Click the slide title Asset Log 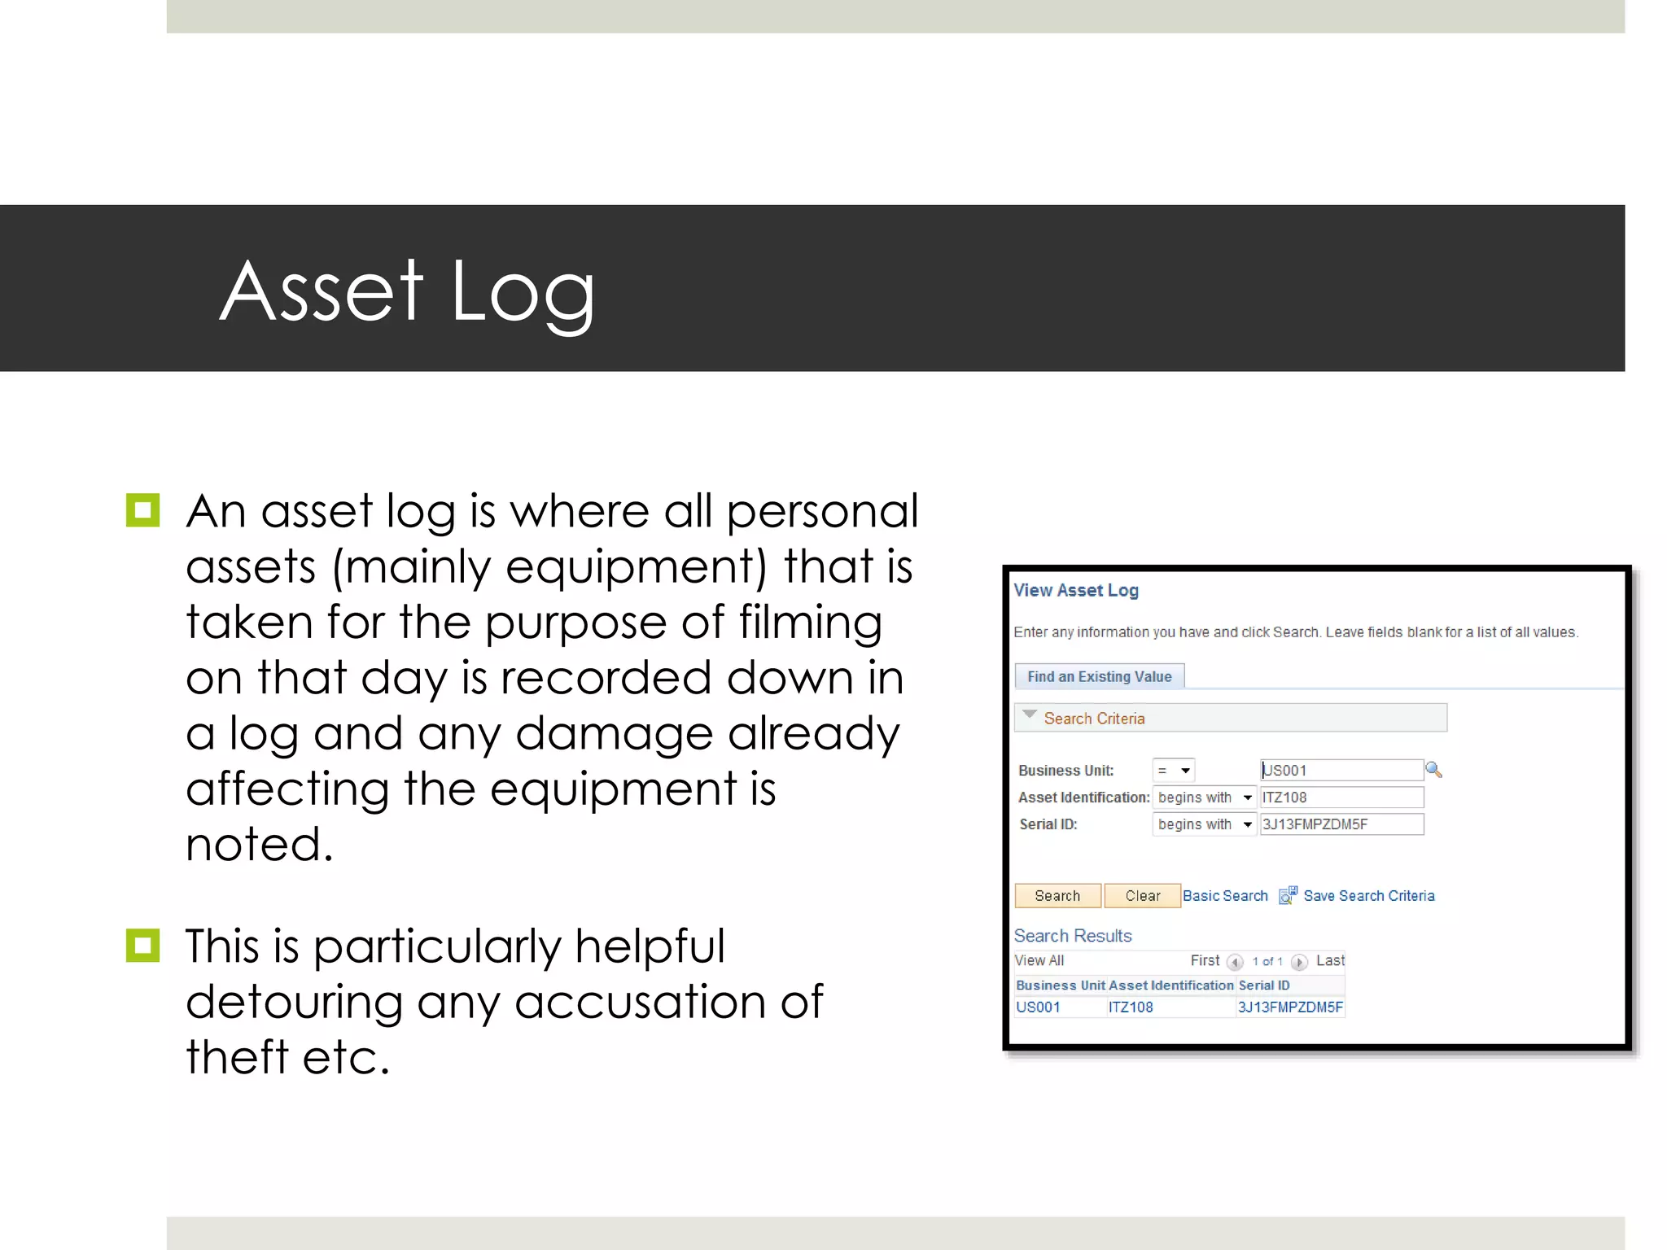tap(407, 291)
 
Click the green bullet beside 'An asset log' tap(143, 511)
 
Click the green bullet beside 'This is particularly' tap(143, 946)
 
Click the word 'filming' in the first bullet tap(810, 623)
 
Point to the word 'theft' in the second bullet tap(237, 1057)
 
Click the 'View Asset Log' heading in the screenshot tap(1075, 591)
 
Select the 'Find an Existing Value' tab tap(1099, 676)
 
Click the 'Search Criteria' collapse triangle tap(1030, 715)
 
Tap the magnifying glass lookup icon tap(1433, 769)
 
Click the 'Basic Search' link tap(1224, 896)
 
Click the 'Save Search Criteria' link tap(1368, 896)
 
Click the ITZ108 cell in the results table tap(1130, 1007)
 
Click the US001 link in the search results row tap(1038, 1007)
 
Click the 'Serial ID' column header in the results tap(1263, 986)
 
